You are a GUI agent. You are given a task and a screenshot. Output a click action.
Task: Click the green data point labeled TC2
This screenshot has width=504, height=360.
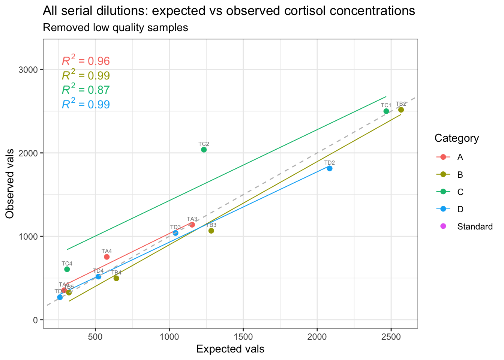pos(204,150)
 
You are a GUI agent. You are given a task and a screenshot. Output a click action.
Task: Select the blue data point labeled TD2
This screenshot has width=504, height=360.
pos(330,168)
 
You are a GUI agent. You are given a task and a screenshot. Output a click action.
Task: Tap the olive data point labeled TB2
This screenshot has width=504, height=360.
pos(401,110)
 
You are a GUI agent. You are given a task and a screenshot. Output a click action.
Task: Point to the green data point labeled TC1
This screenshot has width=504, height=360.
pos(386,111)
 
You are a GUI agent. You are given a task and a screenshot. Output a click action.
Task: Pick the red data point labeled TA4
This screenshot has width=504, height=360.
pos(106,257)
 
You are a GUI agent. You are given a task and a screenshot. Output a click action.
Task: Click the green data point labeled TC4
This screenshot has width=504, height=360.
pos(67,269)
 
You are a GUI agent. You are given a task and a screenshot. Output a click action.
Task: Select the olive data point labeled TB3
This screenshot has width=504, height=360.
pos(211,231)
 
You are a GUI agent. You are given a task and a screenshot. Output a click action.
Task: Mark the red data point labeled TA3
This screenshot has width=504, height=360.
pos(192,225)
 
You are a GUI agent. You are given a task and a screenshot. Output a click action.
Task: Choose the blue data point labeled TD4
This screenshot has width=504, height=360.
pos(98,276)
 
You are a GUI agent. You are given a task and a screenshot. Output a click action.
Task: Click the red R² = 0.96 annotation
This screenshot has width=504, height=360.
pos(85,61)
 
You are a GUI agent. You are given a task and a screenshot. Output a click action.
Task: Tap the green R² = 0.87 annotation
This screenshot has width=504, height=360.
pos(85,90)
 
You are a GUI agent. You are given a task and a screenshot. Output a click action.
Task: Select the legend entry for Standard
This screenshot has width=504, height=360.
pos(475,226)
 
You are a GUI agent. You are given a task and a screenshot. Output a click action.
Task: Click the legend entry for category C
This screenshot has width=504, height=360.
pos(460,192)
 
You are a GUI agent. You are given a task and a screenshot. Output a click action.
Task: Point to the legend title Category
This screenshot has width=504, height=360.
pos(456,138)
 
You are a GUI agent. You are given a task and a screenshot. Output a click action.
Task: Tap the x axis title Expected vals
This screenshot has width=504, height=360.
pos(230,349)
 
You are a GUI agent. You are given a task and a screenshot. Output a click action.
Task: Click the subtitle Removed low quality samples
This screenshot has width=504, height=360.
pos(115,28)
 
